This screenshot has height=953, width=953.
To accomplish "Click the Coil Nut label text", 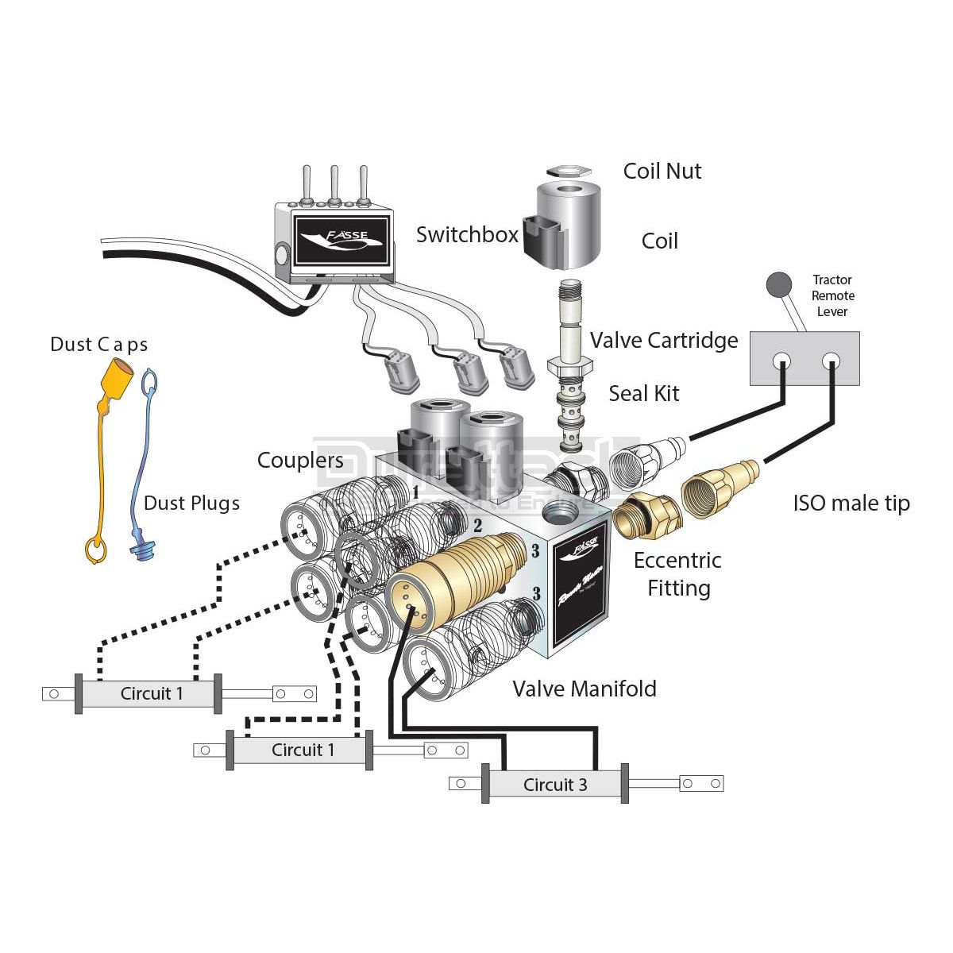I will coord(662,172).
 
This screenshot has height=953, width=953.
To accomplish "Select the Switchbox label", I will coord(467,234).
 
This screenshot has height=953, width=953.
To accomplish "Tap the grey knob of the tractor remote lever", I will coord(778,284).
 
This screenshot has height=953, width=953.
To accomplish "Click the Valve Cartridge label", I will coord(664,341).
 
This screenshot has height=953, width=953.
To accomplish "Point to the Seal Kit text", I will coord(643,393).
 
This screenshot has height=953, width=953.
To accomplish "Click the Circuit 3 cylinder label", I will coord(554,785).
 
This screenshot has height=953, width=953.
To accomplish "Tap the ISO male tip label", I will coord(851,504).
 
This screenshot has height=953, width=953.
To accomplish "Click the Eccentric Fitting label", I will coord(677,573).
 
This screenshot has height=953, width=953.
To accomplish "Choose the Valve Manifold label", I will coord(584,689).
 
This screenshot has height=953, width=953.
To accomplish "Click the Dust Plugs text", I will coord(191,504).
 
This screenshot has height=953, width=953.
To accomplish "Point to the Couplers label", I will coord(300,461).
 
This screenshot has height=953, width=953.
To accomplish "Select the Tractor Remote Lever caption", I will coord(832,295).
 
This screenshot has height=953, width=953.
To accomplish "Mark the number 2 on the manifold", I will coord(477,525).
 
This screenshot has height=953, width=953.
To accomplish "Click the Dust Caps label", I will coord(98,345).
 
